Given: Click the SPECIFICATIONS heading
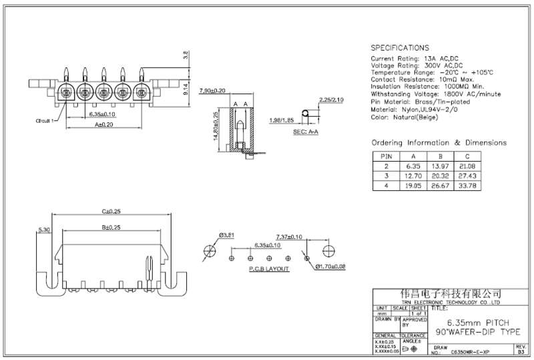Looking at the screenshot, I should (400, 48).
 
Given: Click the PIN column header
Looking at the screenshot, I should (383, 156).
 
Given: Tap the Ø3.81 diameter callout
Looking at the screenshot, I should (227, 235).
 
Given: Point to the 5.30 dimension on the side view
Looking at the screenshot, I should (45, 230).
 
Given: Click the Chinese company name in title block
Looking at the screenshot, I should (450, 294).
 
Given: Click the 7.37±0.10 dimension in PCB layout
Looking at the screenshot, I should (289, 236).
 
